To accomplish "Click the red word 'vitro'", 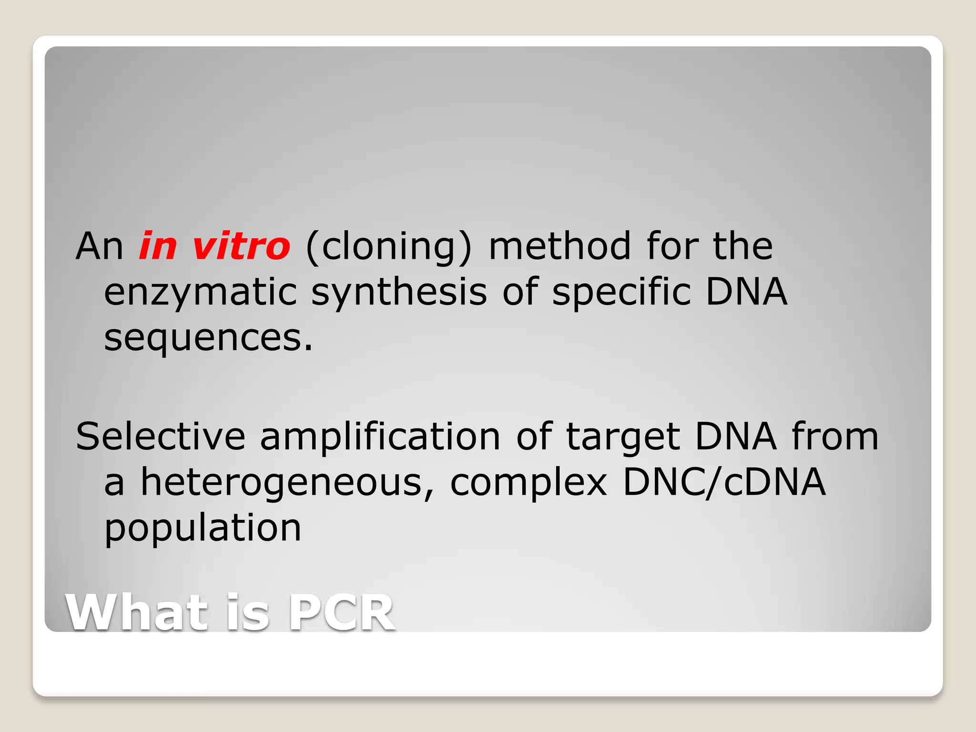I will coord(241,246).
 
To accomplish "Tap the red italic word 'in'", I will coord(158,246).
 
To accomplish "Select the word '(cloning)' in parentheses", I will coord(388,247).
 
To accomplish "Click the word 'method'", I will coord(560,246).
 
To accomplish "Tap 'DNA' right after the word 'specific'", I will coord(746,292).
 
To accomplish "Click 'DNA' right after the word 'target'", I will coord(735,437).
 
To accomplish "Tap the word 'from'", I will coord(835,437).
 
